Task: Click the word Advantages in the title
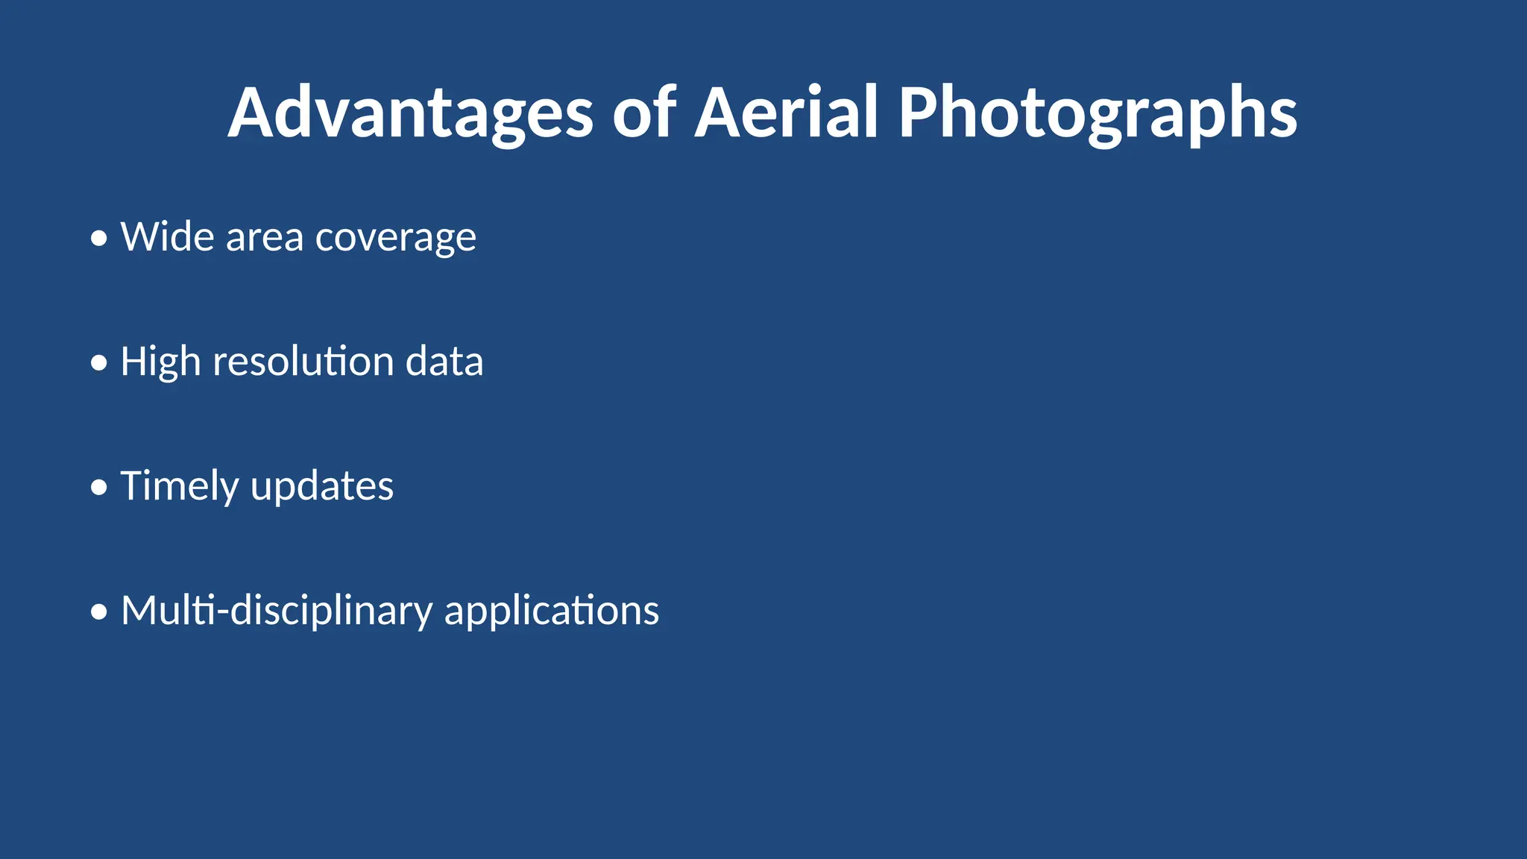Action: [410, 113]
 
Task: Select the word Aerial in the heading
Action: [786, 113]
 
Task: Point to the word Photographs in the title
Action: [1098, 113]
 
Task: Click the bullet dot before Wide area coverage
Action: [99, 239]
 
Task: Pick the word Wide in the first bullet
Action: [168, 237]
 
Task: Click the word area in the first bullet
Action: [265, 237]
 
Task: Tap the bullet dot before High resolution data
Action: [99, 364]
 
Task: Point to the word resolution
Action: [303, 362]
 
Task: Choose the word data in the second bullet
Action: [444, 362]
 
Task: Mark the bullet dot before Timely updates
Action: [99, 488]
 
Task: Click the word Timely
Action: [179, 487]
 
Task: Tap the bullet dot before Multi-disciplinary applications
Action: [99, 613]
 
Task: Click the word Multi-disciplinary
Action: [276, 611]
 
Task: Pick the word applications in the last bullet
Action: [551, 611]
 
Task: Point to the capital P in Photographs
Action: [918, 113]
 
